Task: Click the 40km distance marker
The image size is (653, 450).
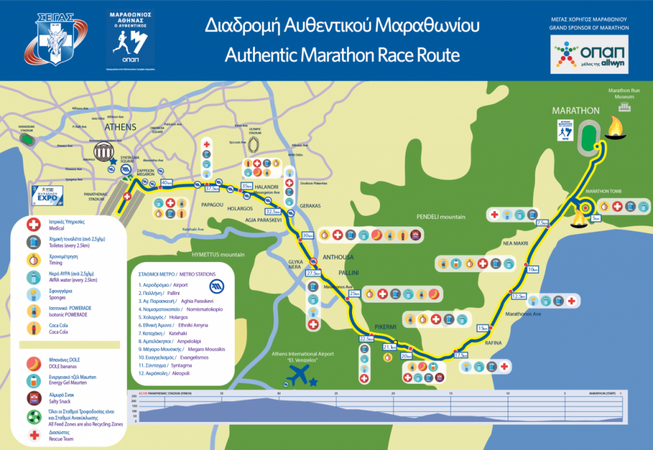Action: tap(166, 184)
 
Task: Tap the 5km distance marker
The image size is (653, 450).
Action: tap(594, 219)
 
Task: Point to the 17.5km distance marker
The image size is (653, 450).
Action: tap(461, 354)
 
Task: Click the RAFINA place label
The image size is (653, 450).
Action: tap(493, 343)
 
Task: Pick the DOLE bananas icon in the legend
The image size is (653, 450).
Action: tap(31, 364)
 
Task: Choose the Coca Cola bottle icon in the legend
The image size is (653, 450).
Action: tap(31, 328)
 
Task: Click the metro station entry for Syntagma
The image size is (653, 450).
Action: tap(172, 365)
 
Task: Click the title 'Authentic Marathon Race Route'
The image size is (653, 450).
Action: tap(342, 55)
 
